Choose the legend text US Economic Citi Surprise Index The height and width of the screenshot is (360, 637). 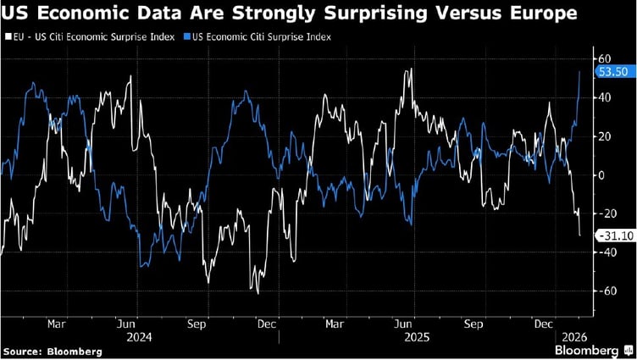255,38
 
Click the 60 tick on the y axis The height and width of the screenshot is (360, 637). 606,58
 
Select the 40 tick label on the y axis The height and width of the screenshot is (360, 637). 606,97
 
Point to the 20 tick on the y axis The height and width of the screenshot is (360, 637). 606,136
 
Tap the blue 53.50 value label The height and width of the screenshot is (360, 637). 612,72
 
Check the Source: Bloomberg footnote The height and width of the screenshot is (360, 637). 53,351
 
